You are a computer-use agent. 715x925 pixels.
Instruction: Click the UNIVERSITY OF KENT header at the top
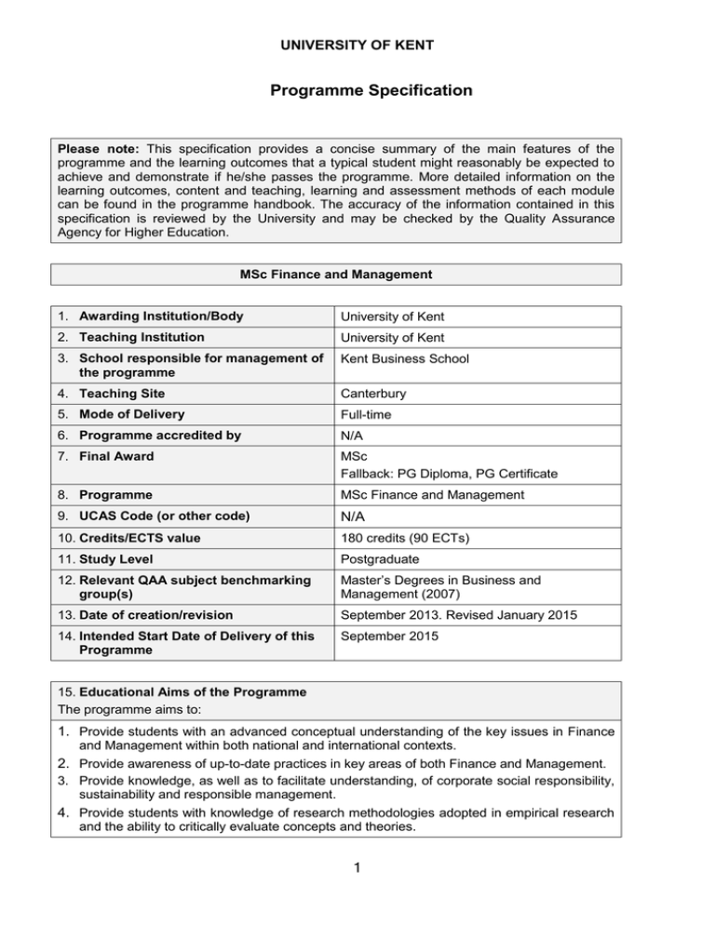pyautogui.click(x=357, y=45)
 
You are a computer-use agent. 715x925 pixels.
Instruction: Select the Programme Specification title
pyautogui.click(x=357, y=91)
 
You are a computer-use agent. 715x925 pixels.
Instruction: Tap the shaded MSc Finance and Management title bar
pyautogui.click(x=357, y=275)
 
